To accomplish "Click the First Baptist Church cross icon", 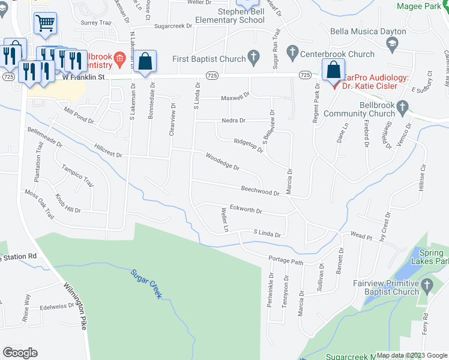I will [254, 59].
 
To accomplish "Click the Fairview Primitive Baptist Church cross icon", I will [427, 286].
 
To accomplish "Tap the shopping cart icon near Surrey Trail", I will [45, 23].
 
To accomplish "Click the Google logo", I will [20, 353].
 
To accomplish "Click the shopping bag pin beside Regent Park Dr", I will [333, 70].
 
